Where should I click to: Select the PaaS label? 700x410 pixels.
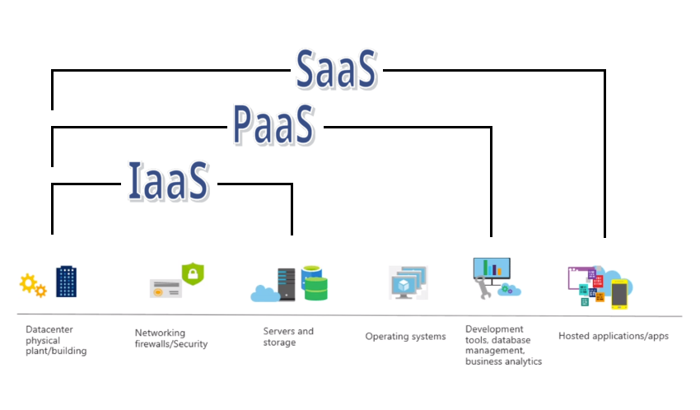273,126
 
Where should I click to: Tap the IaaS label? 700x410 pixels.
168,182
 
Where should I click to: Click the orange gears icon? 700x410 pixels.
33,285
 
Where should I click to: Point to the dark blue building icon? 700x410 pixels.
67,281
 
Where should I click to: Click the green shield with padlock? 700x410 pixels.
192,273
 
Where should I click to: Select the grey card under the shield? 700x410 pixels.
166,288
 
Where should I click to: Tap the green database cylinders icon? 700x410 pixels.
315,282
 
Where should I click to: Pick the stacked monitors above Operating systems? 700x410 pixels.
409,282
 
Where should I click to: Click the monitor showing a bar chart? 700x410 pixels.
492,268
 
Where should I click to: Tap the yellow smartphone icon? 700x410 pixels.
618,293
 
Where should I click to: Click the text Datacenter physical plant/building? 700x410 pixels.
56,340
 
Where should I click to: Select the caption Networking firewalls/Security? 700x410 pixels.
171,338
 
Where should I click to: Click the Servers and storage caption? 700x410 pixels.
288,337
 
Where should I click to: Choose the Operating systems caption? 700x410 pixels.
405,336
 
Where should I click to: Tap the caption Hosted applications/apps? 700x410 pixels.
614,336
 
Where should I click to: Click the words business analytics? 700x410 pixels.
503,361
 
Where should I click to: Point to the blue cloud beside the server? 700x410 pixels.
264,292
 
